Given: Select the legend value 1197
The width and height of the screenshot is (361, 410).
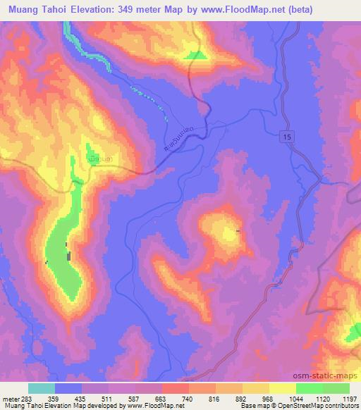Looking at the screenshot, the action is [x=348, y=398].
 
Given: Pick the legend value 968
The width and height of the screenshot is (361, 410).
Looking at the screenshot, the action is [x=269, y=398].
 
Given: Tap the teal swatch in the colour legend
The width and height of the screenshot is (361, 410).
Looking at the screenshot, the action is [x=42, y=388].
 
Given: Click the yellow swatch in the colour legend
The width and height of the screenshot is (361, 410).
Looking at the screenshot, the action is [x=282, y=388].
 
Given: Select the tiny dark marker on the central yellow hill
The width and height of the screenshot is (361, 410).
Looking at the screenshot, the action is [x=237, y=231].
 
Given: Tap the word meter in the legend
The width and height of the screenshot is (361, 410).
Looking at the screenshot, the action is [x=11, y=398].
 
